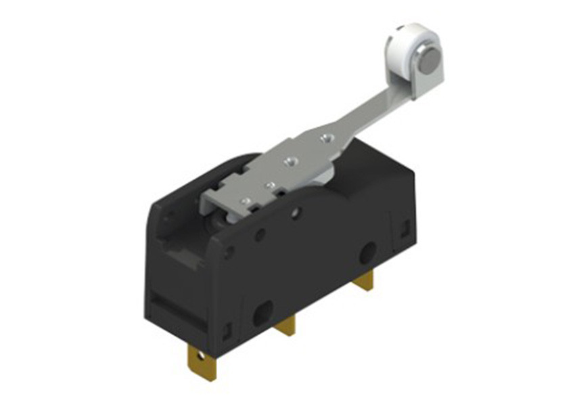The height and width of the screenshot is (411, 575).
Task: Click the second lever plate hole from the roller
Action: [x=292, y=162]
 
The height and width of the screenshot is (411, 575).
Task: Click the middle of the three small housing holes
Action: [x=260, y=235]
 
